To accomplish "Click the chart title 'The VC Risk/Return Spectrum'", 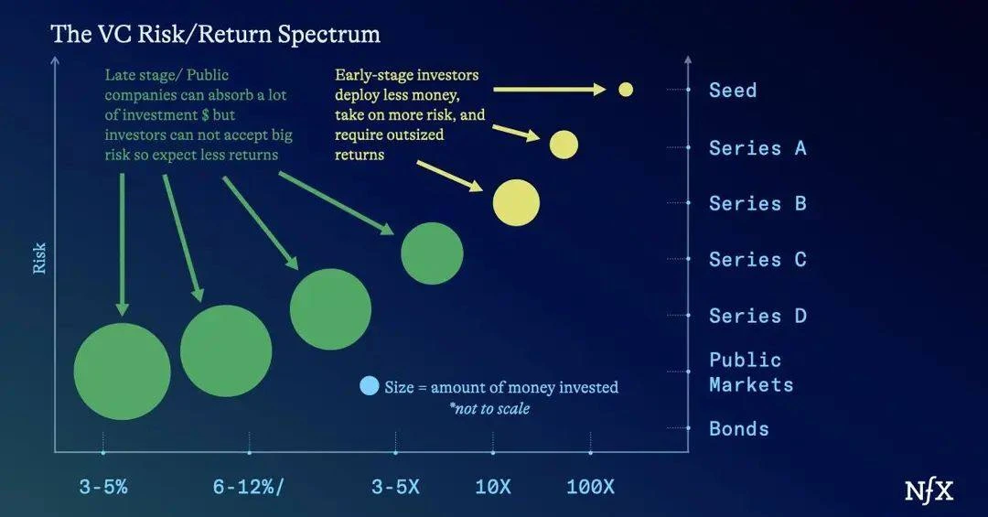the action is [216, 34].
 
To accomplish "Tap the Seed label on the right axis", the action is [733, 91].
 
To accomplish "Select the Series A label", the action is [757, 148].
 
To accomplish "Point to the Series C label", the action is [757, 259].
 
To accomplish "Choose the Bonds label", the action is [739, 429].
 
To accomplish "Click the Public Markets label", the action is [751, 372].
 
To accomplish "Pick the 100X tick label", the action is [590, 487].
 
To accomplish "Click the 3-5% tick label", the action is [103, 487].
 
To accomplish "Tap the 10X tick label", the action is [493, 487].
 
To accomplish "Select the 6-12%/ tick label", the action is [249, 487].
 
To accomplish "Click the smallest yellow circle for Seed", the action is [626, 90].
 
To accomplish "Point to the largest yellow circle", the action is [516, 202].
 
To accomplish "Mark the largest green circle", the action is [123, 372].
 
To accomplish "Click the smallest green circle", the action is [432, 253].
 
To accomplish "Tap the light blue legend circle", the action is [370, 386].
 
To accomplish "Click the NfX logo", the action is [929, 490].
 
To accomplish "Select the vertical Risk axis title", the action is [39, 258].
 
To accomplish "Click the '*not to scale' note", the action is [489, 408].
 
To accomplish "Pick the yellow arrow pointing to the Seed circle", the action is [550, 90].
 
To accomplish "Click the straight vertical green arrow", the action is [123, 244].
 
